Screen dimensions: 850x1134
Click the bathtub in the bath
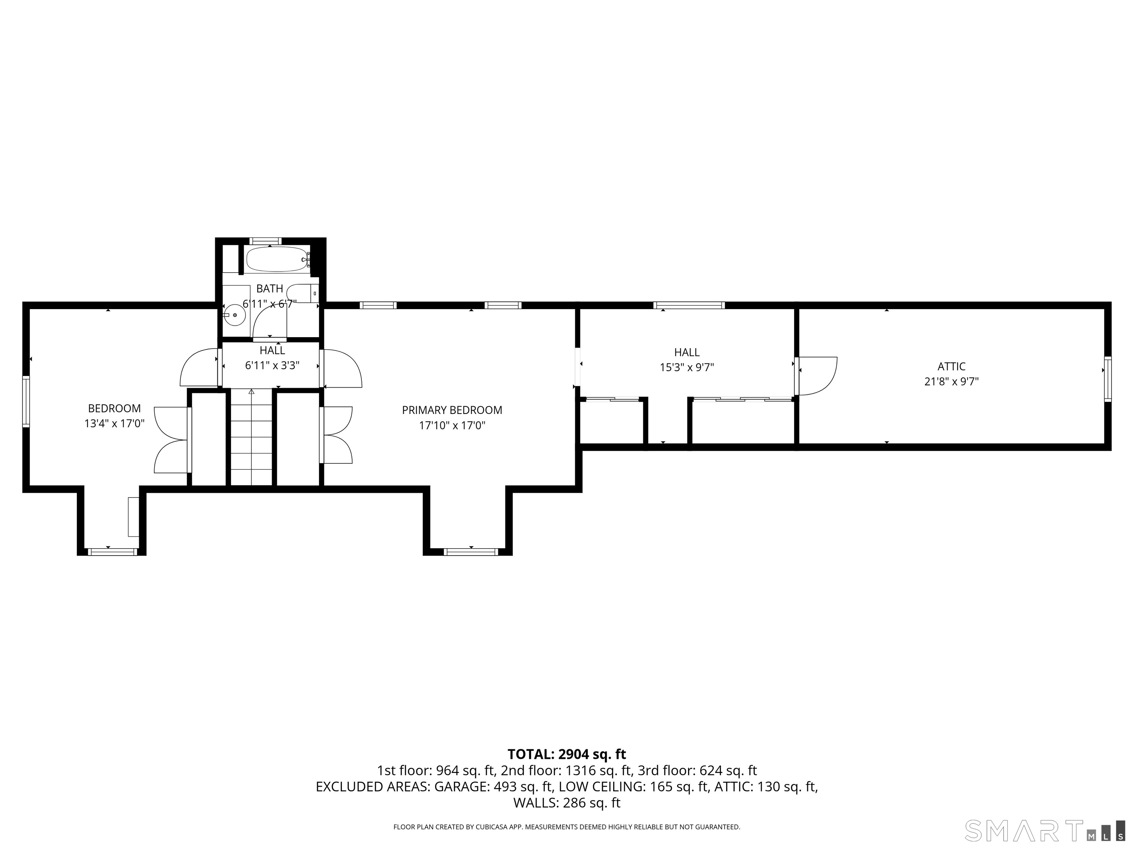(x=276, y=260)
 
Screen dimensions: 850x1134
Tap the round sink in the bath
(x=235, y=315)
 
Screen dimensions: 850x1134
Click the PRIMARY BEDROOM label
(x=452, y=410)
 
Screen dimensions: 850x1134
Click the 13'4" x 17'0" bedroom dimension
(x=114, y=424)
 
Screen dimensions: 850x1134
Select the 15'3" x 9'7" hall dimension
(x=687, y=367)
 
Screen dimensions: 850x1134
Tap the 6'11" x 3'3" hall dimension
(x=272, y=365)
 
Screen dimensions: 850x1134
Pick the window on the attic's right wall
(x=1108, y=379)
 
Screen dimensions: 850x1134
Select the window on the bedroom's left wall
(x=25, y=401)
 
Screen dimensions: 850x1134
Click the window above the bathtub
(x=265, y=241)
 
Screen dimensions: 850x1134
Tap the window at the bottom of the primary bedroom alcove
(x=471, y=552)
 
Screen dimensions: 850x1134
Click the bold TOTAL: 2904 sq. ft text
(x=567, y=754)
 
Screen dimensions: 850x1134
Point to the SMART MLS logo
(x=1044, y=830)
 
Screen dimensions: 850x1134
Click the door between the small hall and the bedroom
(x=201, y=368)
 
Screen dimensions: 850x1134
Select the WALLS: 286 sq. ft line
(x=567, y=803)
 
